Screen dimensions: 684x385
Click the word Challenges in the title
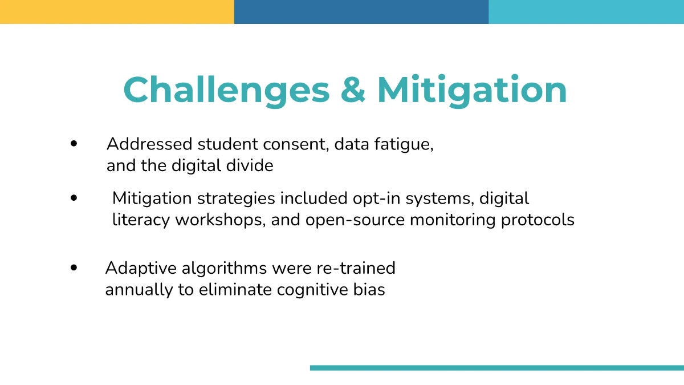(227, 91)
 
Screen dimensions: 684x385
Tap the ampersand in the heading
(353, 90)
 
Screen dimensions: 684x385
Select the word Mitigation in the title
(472, 91)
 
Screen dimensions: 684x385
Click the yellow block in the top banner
(117, 12)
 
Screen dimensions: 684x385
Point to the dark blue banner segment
(361, 12)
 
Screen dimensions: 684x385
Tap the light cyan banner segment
(587, 12)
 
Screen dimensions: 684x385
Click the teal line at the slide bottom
(497, 368)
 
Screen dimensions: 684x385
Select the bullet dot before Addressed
(74, 144)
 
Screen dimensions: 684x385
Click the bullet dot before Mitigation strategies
(74, 198)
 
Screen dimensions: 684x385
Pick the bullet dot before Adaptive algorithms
(74, 268)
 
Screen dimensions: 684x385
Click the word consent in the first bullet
(296, 144)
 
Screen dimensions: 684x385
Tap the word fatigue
(404, 144)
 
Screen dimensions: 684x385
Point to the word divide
(250, 165)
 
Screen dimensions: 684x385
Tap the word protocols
(538, 220)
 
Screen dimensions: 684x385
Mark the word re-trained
(356, 268)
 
